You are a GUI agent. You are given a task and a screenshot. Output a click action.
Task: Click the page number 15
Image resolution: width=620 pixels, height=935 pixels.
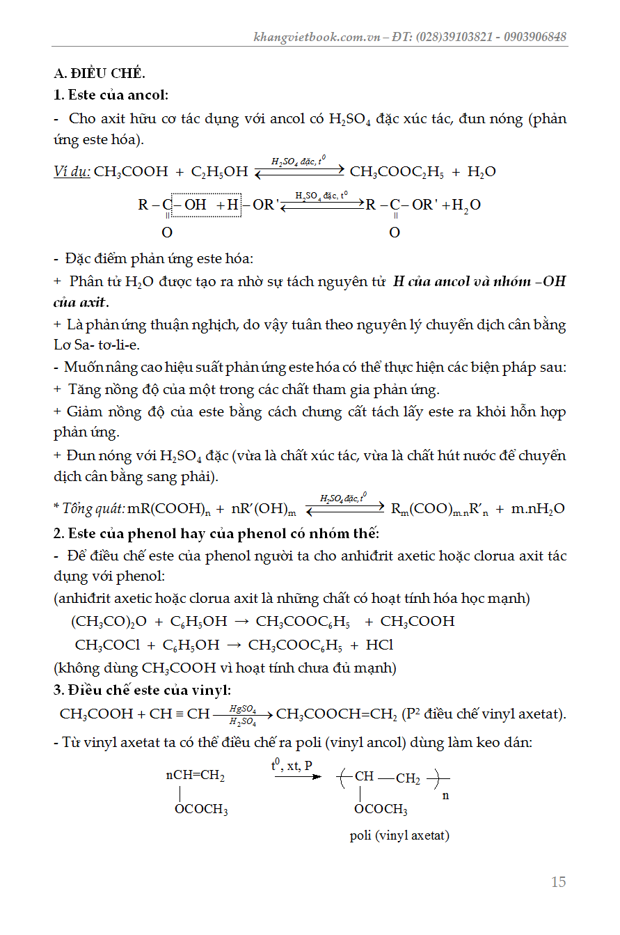pyautogui.click(x=558, y=882)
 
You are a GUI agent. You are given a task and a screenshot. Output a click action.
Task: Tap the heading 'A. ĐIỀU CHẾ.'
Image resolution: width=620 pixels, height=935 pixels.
pyautogui.click(x=100, y=73)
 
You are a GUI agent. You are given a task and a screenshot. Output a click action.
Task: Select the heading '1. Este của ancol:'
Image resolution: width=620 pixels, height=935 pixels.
pyautogui.click(x=111, y=95)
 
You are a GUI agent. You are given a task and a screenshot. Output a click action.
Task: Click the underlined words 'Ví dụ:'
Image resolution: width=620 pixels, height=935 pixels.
pyautogui.click(x=72, y=171)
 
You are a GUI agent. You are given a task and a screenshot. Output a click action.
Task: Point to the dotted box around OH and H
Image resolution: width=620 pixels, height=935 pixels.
pyautogui.click(x=206, y=205)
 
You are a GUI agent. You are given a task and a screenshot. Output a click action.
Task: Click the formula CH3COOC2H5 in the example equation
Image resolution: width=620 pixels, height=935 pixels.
pyautogui.click(x=396, y=172)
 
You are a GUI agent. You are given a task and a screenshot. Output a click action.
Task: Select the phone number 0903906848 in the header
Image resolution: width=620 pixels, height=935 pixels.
pyautogui.click(x=533, y=37)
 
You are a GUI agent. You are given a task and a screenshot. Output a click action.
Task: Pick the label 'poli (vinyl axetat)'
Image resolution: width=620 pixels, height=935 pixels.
pyautogui.click(x=399, y=835)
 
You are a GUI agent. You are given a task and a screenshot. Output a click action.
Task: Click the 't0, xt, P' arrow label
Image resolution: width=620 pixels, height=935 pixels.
pyautogui.click(x=292, y=766)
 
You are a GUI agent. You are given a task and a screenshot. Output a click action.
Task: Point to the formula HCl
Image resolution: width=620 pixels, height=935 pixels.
pyautogui.click(x=379, y=645)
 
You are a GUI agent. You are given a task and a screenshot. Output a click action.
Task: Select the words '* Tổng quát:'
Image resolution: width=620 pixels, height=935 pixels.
pyautogui.click(x=90, y=509)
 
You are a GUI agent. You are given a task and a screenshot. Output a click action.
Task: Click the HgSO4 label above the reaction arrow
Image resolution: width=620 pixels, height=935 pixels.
pyautogui.click(x=243, y=709)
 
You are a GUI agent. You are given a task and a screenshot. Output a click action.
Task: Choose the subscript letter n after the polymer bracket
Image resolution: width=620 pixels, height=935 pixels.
pyautogui.click(x=445, y=795)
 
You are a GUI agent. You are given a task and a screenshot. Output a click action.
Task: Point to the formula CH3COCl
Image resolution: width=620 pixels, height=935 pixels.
pyautogui.click(x=107, y=645)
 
